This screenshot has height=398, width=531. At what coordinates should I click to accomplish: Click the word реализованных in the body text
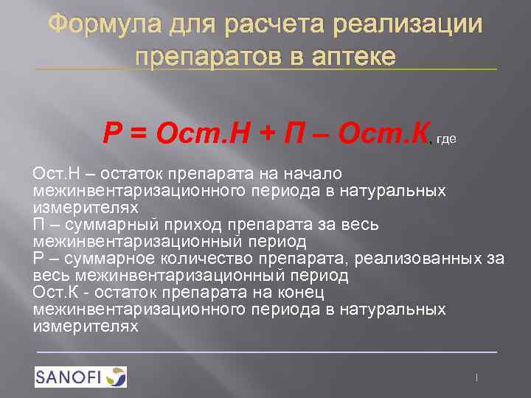tap(416, 258)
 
